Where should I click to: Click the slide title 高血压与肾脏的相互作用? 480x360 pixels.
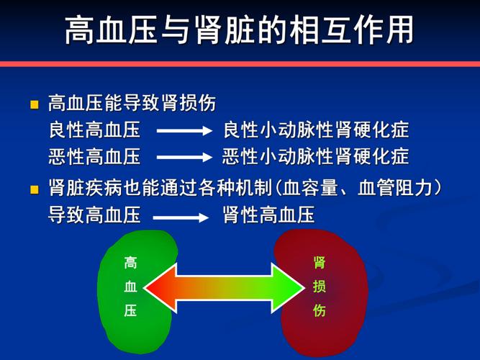tap(239, 30)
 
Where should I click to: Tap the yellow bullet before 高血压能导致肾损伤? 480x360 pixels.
tap(34, 105)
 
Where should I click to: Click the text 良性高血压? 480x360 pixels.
tap(94, 131)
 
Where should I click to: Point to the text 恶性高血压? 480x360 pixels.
tap(94, 156)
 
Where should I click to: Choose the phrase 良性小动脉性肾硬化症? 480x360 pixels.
tap(316, 131)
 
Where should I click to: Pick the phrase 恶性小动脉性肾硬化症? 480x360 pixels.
tap(316, 156)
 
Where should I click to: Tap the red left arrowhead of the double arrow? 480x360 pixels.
tap(160, 287)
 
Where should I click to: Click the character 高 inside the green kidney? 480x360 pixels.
tap(130, 264)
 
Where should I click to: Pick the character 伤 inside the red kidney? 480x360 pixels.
tap(320, 311)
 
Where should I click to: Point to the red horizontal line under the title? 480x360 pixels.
tap(240, 64)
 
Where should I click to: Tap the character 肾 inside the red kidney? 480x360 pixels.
tap(320, 264)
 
